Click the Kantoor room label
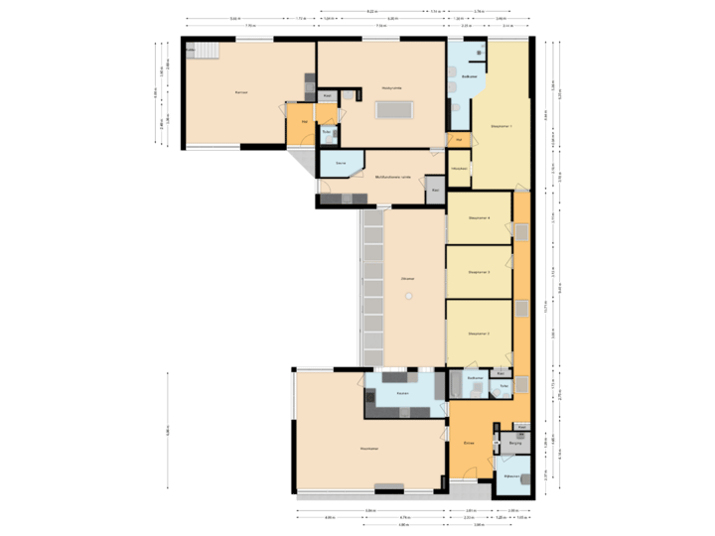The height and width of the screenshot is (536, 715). coord(240,92)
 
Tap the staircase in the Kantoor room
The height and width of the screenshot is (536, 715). coord(205,51)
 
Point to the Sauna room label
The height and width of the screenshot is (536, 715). coord(340,162)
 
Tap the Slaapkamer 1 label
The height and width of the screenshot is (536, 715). coord(501,127)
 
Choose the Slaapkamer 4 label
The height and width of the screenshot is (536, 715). coord(479,218)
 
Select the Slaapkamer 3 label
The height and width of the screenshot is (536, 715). coord(479,272)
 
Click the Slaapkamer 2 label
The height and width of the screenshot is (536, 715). coord(479,334)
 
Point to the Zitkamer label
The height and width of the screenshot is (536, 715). coord(407,279)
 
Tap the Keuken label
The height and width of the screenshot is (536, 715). coord(402,394)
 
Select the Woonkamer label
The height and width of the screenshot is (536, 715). coord(368,449)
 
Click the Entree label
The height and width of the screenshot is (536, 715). coord(469,443)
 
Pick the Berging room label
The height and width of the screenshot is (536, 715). coord(514,443)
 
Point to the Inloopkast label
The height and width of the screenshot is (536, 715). coord(459,170)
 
